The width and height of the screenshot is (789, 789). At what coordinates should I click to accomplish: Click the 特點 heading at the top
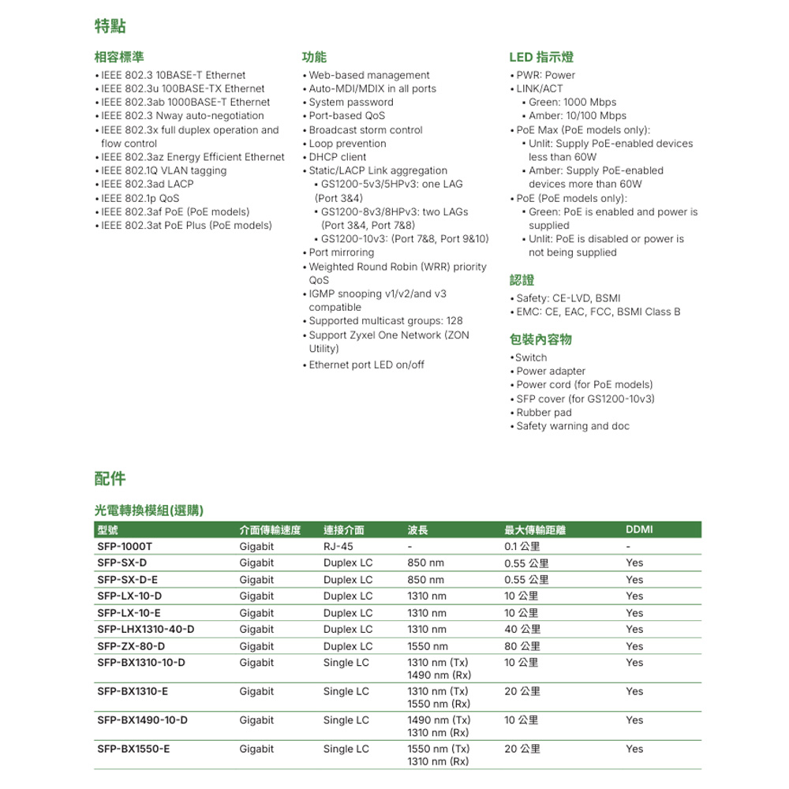click(110, 27)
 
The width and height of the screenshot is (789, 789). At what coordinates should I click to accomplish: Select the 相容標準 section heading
click(119, 57)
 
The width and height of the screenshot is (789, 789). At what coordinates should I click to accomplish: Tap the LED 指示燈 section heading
click(541, 57)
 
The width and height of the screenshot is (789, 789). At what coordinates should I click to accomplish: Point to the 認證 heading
click(522, 280)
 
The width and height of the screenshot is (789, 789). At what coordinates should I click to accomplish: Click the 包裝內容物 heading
click(540, 339)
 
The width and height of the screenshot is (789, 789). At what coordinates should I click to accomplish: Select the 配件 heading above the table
click(110, 478)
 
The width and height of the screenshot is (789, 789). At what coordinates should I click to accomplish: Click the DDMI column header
click(638, 529)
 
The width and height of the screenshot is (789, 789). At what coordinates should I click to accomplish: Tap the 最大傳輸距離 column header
click(535, 529)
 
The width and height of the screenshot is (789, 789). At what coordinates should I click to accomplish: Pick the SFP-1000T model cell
click(125, 546)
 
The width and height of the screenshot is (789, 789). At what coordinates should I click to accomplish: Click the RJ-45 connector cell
click(338, 546)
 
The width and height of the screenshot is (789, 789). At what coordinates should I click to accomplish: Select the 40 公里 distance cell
click(522, 629)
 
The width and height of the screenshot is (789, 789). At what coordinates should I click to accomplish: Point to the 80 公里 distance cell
click(522, 646)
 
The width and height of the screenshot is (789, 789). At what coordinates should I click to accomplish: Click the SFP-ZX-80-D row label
click(131, 646)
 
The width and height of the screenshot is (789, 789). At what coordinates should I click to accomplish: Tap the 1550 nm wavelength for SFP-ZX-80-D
click(427, 646)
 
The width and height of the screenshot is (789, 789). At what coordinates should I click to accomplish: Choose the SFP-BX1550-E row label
click(133, 749)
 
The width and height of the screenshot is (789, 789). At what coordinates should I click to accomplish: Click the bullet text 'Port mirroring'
click(342, 252)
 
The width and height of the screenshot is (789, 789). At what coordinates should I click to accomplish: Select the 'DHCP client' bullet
click(338, 157)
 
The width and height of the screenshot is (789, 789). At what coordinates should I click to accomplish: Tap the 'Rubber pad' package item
click(544, 413)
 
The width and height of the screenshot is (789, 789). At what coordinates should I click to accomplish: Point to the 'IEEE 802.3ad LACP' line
click(147, 184)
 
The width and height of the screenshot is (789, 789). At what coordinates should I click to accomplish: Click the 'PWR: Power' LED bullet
click(545, 75)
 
